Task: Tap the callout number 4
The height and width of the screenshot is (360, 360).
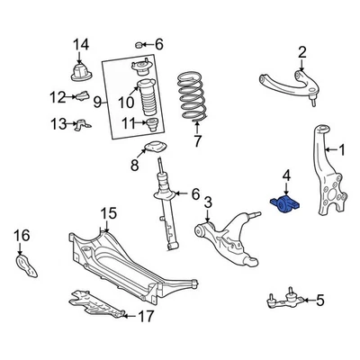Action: tap(286, 175)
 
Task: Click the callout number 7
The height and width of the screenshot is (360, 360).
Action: tap(198, 140)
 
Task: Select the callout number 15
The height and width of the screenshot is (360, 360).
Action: tap(109, 214)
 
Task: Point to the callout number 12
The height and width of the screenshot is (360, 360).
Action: tap(58, 97)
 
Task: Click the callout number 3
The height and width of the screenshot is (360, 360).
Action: tap(207, 202)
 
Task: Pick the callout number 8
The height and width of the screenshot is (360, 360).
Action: tap(134, 165)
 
